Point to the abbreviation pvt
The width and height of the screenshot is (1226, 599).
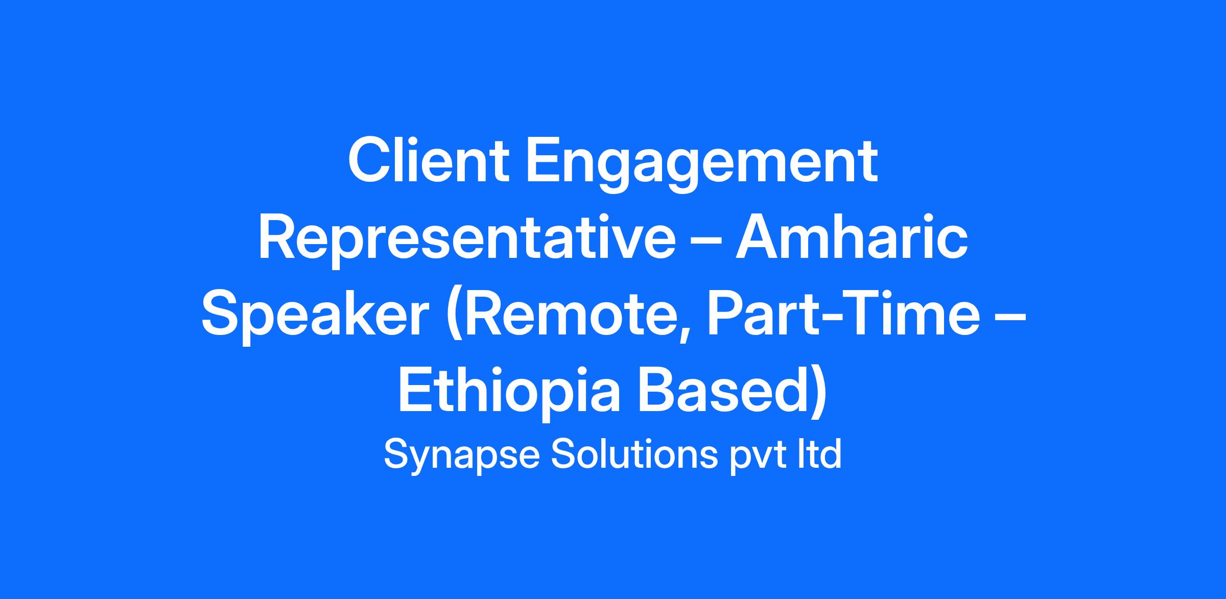pyautogui.click(x=758, y=457)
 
